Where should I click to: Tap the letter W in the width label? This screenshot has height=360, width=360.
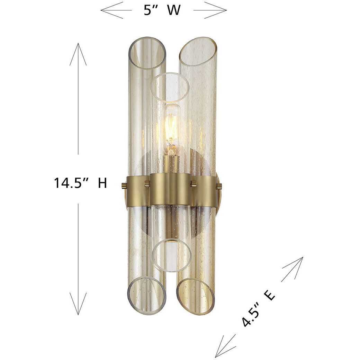[x=174, y=10]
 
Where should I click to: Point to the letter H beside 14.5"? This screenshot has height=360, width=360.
[x=102, y=183]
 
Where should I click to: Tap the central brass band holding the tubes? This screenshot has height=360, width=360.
[x=170, y=189]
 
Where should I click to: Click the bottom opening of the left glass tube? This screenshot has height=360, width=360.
[x=147, y=294]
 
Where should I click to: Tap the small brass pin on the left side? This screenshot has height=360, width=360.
[x=124, y=187]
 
